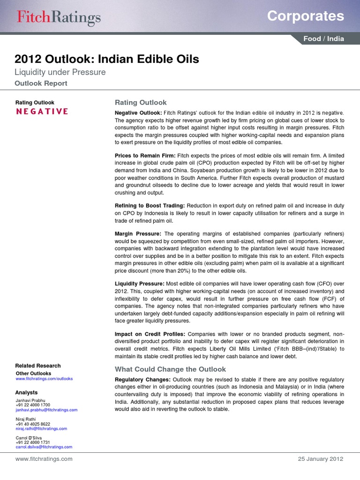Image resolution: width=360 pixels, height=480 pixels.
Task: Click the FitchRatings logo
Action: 59,18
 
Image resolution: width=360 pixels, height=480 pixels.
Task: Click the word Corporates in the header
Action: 305,16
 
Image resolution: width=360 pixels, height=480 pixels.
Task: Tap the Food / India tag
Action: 323,39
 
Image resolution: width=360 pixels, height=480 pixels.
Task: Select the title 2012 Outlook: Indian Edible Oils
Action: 107,59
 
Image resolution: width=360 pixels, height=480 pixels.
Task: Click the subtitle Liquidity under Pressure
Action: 60,72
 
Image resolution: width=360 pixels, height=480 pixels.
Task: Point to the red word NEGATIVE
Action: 42,112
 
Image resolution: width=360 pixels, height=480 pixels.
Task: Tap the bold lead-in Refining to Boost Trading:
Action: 150,206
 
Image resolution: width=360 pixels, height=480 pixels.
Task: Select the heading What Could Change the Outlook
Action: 171,369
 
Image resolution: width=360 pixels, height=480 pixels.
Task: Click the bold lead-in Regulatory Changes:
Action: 142,379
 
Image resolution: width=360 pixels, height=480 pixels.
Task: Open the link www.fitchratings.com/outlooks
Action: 44,378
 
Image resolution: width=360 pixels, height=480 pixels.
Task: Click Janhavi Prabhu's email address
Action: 46,410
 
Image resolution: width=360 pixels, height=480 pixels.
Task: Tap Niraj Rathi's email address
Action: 41,428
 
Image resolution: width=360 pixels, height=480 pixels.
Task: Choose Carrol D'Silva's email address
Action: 44,447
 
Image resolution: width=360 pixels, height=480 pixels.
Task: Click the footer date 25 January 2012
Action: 321,459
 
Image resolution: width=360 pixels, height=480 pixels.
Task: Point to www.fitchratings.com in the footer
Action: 44,459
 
